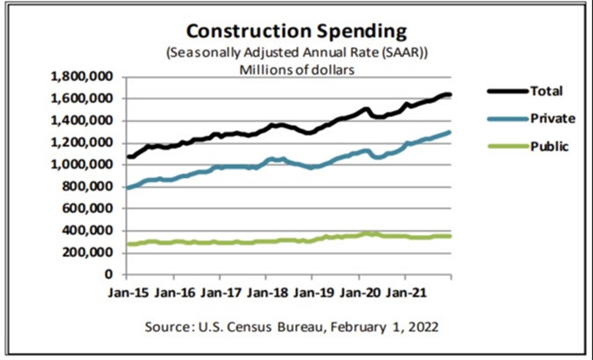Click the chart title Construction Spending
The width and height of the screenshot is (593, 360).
pos(296,31)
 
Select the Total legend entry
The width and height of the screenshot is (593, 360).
pos(547,91)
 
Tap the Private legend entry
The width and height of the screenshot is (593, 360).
pos(553,119)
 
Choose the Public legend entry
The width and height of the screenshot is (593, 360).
pos(550,146)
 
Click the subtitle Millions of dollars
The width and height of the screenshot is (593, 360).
pos(296,68)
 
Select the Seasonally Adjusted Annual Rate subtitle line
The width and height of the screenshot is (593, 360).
pos(296,53)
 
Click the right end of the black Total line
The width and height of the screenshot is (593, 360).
pos(449,95)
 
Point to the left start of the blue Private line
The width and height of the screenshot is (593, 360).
pos(128,188)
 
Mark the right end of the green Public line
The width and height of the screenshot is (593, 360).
pos(449,235)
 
